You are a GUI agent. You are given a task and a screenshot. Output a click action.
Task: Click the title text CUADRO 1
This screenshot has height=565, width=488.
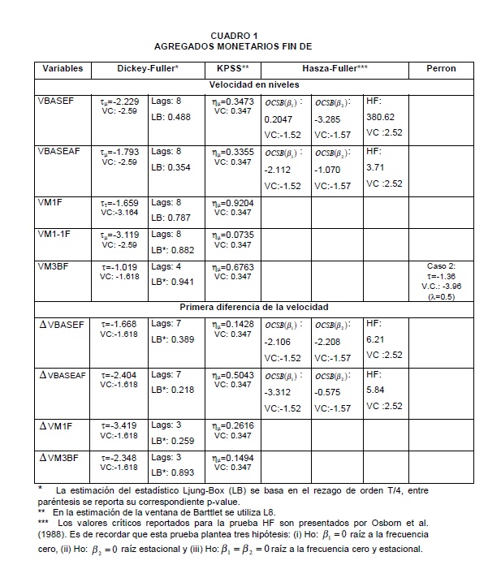pyautogui.click(x=234, y=36)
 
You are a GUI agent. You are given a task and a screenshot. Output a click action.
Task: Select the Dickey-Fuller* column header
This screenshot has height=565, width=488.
pyautogui.click(x=147, y=68)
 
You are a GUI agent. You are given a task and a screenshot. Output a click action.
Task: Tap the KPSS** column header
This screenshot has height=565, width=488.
pyautogui.click(x=232, y=68)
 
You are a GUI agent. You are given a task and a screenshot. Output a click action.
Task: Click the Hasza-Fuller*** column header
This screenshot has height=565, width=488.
pyautogui.click(x=335, y=68)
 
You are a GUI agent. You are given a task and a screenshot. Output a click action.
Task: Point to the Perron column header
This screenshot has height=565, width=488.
pyautogui.click(x=441, y=68)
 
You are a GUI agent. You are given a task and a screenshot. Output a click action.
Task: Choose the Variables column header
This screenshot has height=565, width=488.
pyautogui.click(x=63, y=68)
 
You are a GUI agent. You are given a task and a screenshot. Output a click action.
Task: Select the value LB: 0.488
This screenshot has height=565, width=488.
pyautogui.click(x=171, y=117)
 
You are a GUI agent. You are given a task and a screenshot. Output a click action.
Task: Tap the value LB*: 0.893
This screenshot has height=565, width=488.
pyautogui.click(x=172, y=472)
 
